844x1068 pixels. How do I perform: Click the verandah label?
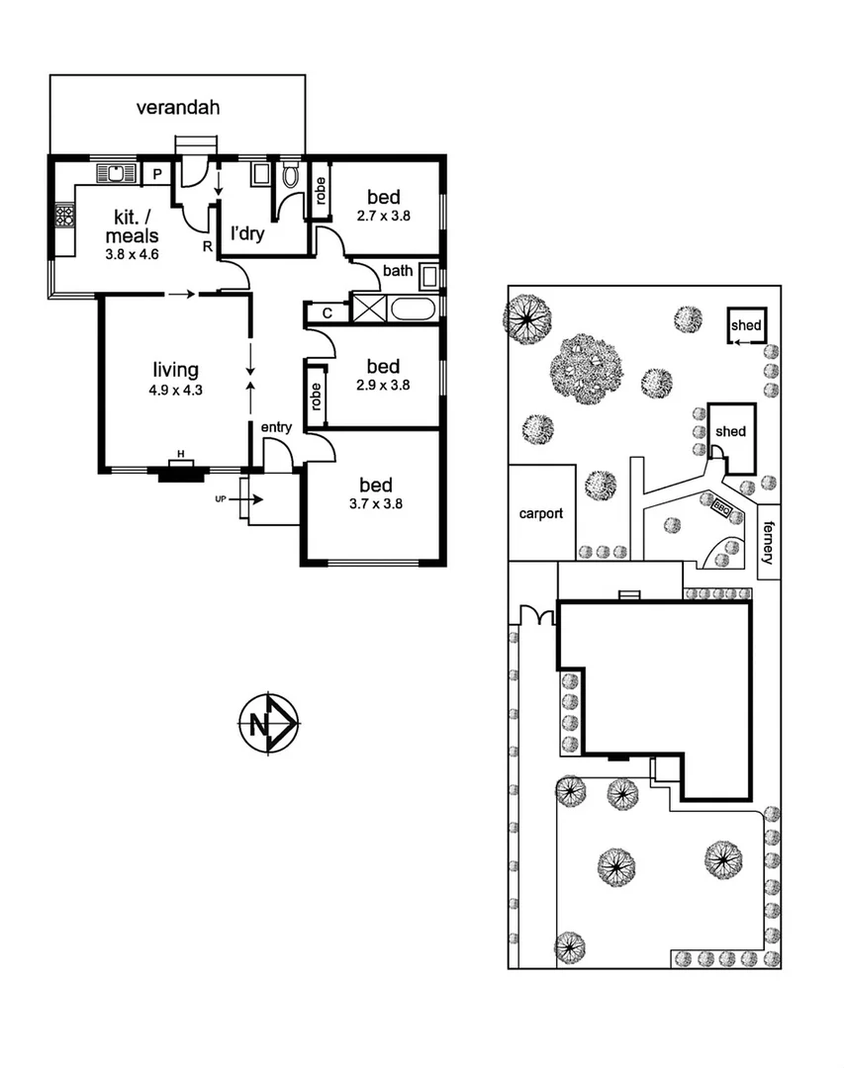(178, 107)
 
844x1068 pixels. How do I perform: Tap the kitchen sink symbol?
(117, 175)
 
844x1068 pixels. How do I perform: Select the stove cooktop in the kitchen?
(65, 216)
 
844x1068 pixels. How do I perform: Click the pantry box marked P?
(156, 175)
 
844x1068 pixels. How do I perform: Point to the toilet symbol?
(291, 177)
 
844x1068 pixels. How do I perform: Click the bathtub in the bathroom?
(414, 310)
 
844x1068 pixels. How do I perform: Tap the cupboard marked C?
(328, 313)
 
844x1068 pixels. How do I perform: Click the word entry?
(276, 426)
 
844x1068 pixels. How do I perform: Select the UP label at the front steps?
(221, 500)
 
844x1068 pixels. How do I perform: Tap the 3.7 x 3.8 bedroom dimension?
(376, 502)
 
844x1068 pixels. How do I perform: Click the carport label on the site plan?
(541, 513)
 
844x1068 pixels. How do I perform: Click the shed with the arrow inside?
(745, 326)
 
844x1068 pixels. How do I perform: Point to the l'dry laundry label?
(247, 235)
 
